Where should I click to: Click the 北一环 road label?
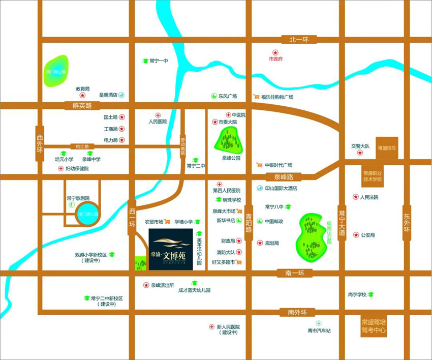302,40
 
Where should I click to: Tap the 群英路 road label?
82,106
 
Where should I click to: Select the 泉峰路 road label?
283,177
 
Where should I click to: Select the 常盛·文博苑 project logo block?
170,249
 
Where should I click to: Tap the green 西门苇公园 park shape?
56,72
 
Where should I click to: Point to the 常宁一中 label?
159,61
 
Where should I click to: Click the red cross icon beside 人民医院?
158,115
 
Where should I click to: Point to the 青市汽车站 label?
319,331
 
